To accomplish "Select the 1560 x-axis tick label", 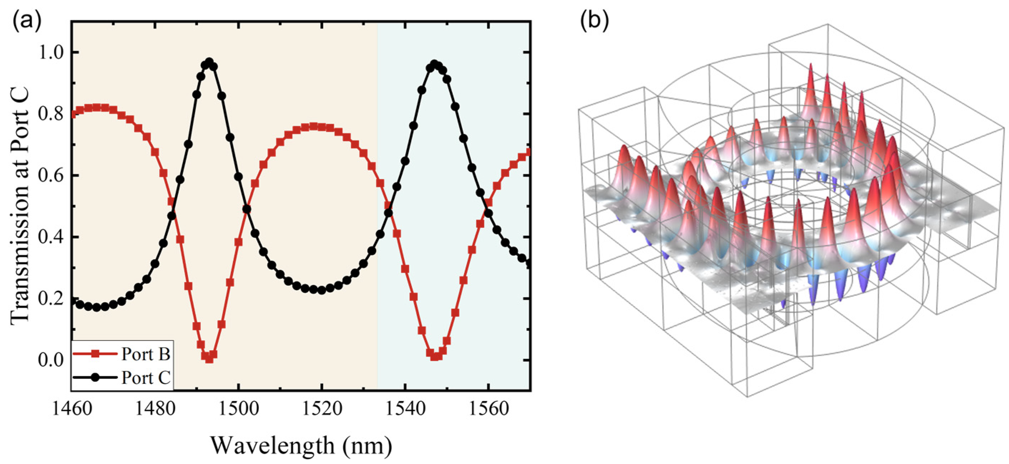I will click(489, 409).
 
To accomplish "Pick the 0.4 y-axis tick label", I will click(50, 237).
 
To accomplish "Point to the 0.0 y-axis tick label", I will click(50, 360).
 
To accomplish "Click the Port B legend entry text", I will click(146, 354).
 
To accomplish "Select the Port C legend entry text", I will click(146, 378).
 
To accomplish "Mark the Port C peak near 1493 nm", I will click(209, 62).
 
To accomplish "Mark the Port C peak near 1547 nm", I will click(434, 63).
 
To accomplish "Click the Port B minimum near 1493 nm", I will click(209, 358).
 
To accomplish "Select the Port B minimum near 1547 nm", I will click(434, 357).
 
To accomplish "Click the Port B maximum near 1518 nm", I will click(313, 126).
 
